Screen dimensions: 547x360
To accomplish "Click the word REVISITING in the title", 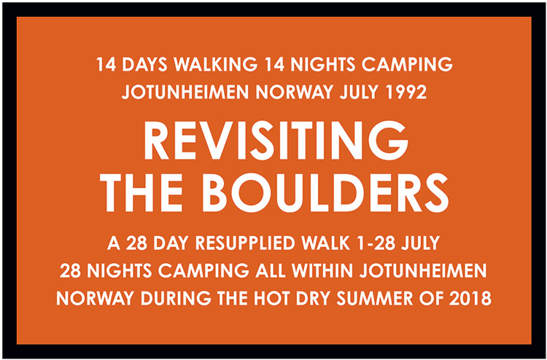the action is (x=276, y=140).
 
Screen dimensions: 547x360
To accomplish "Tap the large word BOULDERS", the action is (x=325, y=192).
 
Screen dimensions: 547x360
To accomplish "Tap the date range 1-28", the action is (x=376, y=243).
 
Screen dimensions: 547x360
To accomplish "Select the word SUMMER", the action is (x=376, y=299).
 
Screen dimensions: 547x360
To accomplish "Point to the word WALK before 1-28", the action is (x=326, y=243).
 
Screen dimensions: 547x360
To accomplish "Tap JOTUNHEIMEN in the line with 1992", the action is (x=185, y=93).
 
